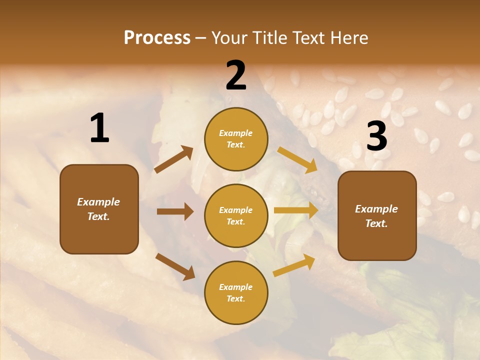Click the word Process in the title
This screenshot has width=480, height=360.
(157, 38)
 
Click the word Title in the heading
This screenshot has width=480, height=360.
(270, 38)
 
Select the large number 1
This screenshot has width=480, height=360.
(99, 128)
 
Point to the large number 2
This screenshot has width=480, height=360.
(236, 75)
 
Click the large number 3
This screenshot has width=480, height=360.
(376, 136)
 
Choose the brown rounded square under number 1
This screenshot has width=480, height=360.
(99, 209)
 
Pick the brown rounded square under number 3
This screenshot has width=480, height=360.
(377, 215)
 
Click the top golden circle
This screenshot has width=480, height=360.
(236, 139)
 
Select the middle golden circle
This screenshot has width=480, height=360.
(236, 215)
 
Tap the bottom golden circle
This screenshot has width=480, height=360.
(236, 292)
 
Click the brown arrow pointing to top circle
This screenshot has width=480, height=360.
(174, 159)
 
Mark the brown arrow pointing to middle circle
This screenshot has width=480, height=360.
(175, 211)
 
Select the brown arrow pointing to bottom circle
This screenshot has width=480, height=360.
(175, 266)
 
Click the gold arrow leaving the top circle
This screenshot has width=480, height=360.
(297, 159)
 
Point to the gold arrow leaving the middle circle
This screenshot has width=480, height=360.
(296, 210)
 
